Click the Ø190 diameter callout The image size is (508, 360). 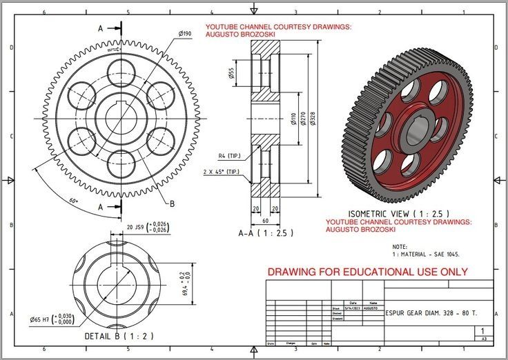tap(184, 33)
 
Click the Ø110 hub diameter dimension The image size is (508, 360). tap(293, 121)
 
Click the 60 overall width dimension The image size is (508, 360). tap(266, 221)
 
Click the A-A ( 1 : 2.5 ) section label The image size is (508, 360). tap(266, 233)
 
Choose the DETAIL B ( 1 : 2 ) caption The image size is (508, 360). tap(110, 336)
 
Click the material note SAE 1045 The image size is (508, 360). tap(426, 254)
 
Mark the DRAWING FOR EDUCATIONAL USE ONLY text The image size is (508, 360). tap(367, 272)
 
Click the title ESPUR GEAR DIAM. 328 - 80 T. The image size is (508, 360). tap(431, 313)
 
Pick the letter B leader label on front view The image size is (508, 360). tap(171, 203)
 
